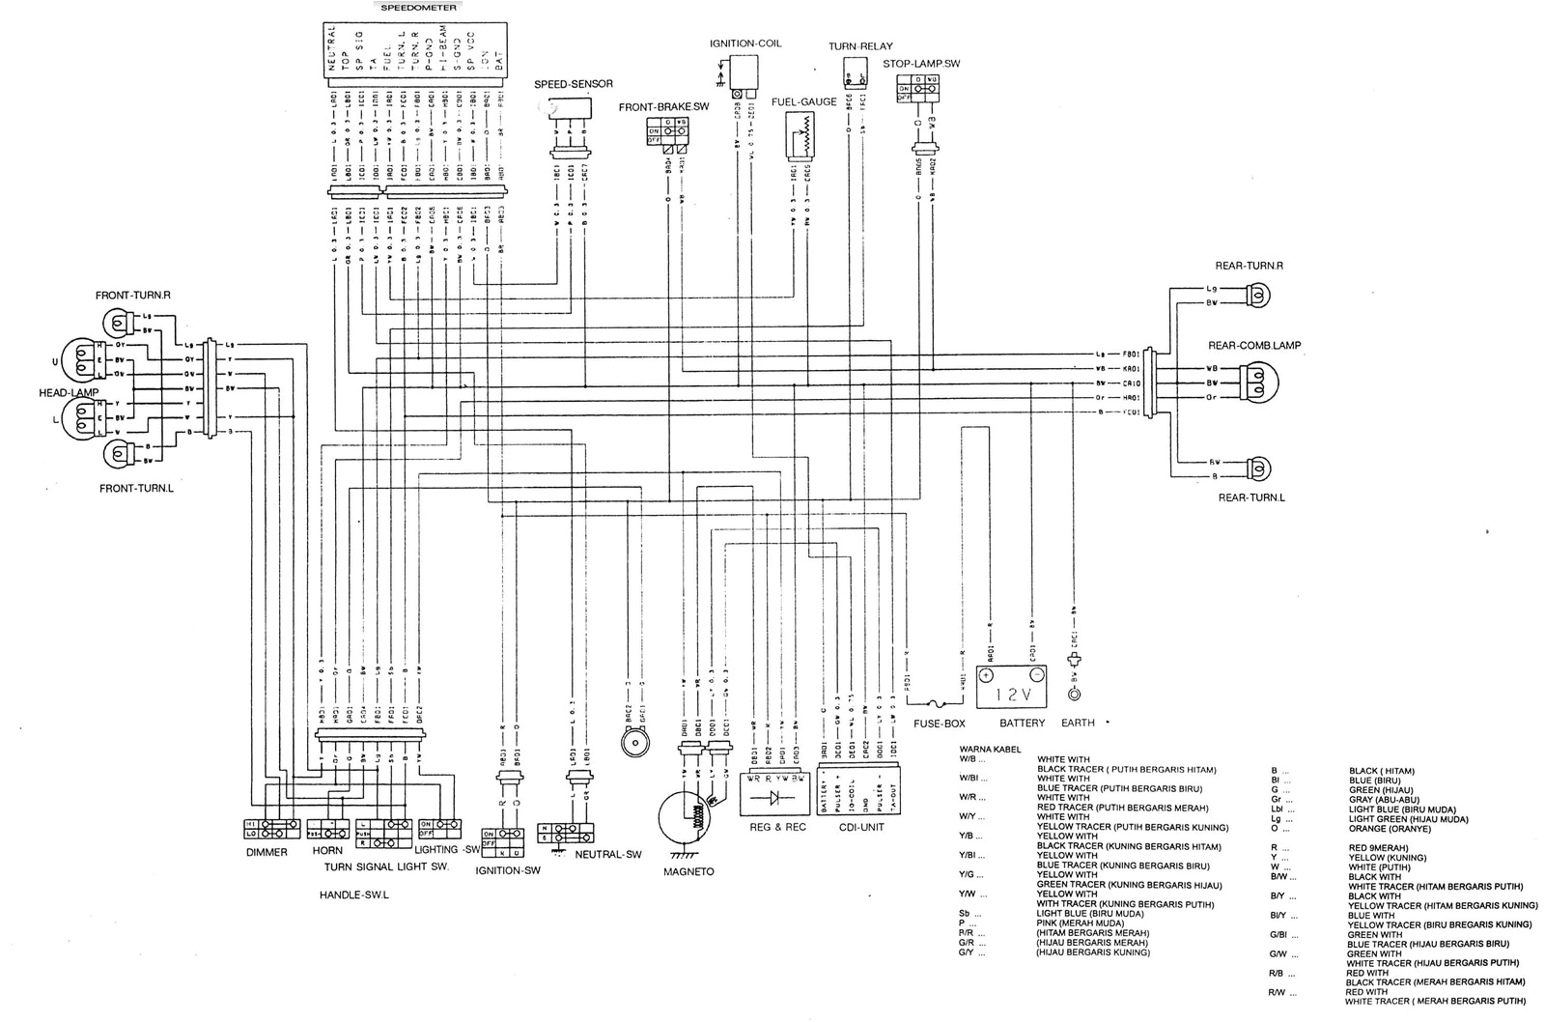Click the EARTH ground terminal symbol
coord(1074,694)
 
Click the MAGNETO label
coord(689,871)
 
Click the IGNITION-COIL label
coord(744,43)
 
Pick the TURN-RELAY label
coord(859,45)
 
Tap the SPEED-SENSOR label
coord(574,84)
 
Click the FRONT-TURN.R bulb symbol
coord(122,320)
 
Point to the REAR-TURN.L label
coord(1251,497)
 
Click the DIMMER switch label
coord(267,852)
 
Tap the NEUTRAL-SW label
coord(607,854)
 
